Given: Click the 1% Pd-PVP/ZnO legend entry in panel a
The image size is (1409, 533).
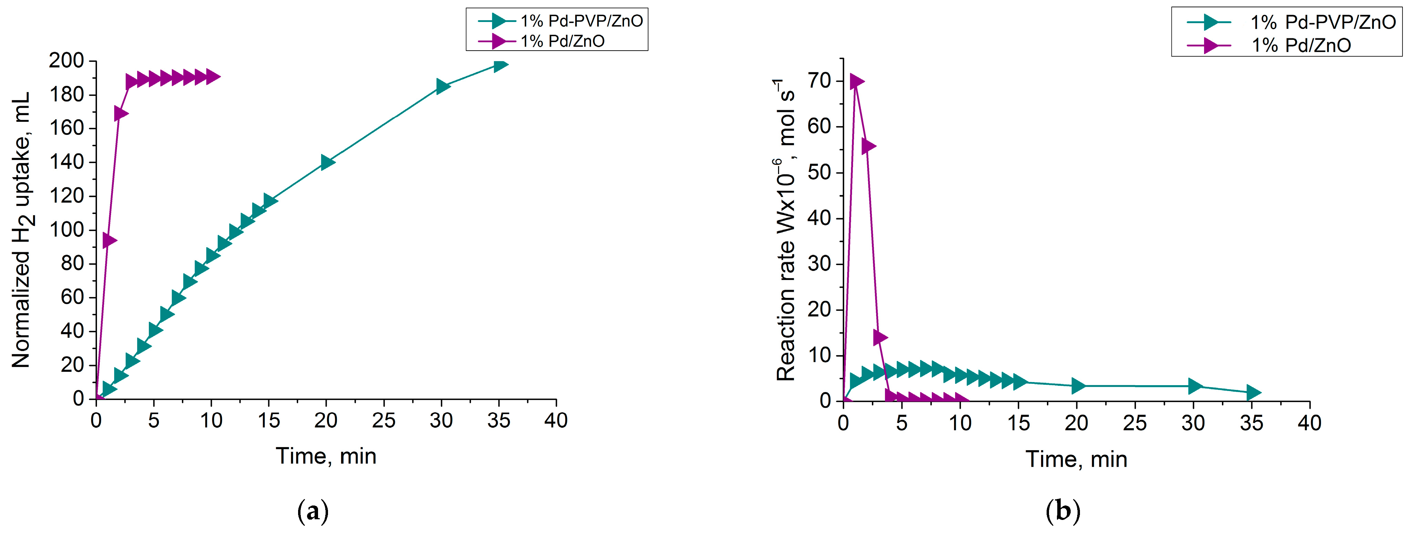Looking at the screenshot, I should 581,21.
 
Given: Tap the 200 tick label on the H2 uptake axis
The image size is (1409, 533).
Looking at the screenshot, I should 66,61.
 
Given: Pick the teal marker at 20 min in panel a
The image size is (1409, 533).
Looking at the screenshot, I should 327,162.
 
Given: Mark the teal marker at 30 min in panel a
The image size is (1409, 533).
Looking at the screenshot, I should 443,86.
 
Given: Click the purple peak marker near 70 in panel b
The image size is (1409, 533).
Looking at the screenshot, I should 856,81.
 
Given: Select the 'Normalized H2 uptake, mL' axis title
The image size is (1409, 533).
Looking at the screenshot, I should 22,230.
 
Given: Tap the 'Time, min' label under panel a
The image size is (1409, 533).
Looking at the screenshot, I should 326,456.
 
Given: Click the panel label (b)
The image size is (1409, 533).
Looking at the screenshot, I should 1063,512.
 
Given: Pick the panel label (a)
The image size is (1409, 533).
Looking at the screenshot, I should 313,512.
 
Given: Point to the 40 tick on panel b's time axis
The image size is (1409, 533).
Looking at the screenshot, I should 1309,423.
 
